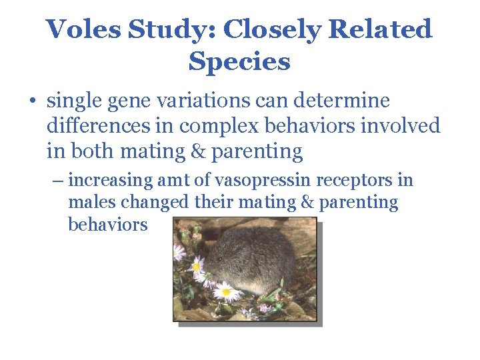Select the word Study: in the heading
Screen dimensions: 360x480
point(171,29)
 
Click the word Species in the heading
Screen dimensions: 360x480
point(239,61)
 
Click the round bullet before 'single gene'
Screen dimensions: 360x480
point(31,102)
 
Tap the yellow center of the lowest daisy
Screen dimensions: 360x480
point(226,291)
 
